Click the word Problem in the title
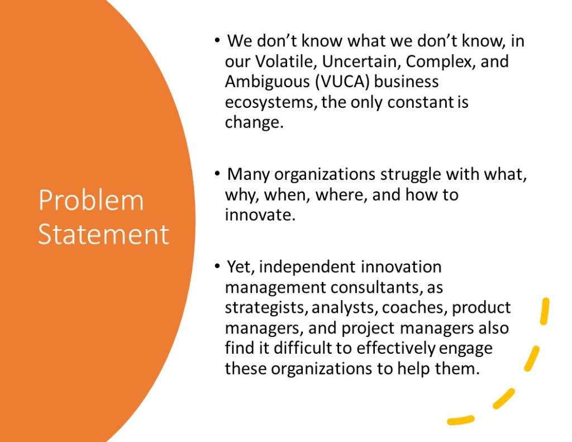(91, 201)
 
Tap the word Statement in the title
(103, 234)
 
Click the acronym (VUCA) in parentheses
(342, 82)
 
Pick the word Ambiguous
(267, 82)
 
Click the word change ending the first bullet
(254, 122)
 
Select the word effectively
(396, 348)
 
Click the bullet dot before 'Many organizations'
(217, 174)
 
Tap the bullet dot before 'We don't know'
(217, 40)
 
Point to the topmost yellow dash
(544, 311)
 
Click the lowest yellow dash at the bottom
(461, 420)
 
